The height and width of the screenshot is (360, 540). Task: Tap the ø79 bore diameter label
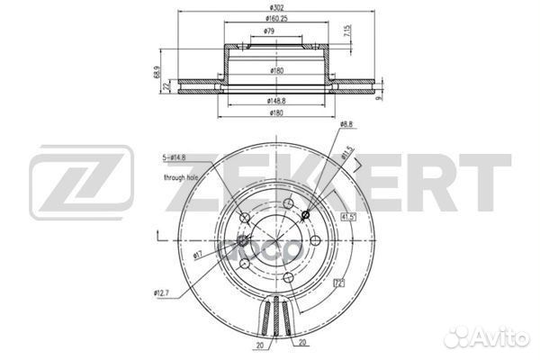(x=269, y=31)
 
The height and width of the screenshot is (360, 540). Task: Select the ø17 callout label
(x=198, y=256)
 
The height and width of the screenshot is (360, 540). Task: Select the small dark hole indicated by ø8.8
(x=307, y=213)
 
